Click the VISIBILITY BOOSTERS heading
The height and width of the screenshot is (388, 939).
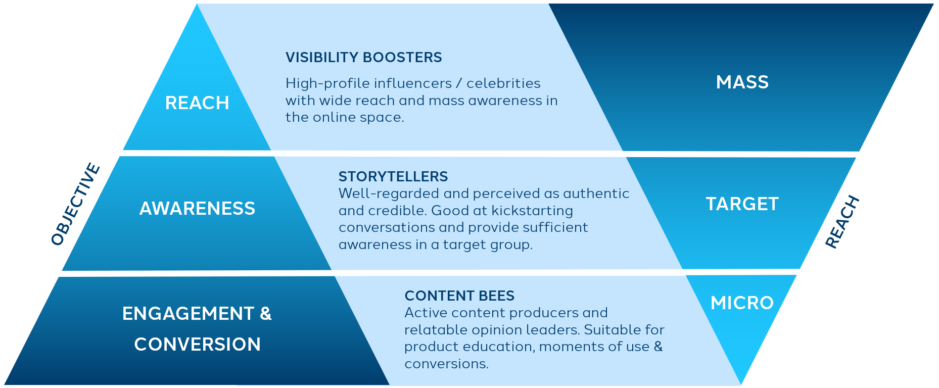click(x=363, y=58)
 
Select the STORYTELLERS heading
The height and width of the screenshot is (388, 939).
click(x=393, y=176)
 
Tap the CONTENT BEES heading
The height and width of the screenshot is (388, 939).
click(x=459, y=296)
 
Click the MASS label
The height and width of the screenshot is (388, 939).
click(x=742, y=82)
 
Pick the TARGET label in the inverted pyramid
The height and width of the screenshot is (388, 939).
click(x=742, y=204)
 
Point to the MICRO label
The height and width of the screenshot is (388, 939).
click(x=742, y=303)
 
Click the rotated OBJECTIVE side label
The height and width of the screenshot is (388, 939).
click(x=76, y=204)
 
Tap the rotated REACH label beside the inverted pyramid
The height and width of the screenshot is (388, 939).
click(x=842, y=222)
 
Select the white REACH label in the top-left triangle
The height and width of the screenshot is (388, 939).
click(x=197, y=103)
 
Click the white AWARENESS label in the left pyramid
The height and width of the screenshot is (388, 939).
click(x=197, y=209)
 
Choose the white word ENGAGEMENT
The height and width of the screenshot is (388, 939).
click(x=188, y=314)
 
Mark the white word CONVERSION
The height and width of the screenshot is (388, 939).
click(x=197, y=345)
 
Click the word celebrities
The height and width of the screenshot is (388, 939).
click(x=503, y=83)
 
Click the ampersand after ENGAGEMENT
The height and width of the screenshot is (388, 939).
click(x=266, y=314)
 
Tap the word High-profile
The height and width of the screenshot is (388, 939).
click(x=318, y=84)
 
